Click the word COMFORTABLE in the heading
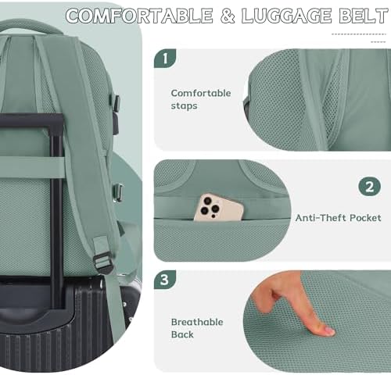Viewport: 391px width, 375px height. click(139, 16)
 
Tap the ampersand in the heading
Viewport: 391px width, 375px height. click(228, 16)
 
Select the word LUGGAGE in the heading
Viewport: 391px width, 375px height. click(286, 16)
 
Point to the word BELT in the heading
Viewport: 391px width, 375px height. click(364, 16)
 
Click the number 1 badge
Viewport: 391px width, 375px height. click(165, 59)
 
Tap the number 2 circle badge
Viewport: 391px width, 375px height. click(370, 187)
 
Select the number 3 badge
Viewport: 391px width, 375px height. click(165, 280)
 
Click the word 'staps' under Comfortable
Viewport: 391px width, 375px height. click(184, 106)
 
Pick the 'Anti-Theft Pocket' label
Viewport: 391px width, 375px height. click(338, 218)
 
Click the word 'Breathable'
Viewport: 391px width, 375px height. click(197, 322)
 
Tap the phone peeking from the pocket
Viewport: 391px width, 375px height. click(219, 207)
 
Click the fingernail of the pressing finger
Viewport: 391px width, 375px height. click(329, 331)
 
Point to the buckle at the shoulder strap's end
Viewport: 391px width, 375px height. click(103, 262)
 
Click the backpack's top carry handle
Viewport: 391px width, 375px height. click(30, 27)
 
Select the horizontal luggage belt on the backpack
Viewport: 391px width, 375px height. click(32, 167)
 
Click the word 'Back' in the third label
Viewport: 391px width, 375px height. click(182, 334)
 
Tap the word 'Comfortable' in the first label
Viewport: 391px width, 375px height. click(201, 93)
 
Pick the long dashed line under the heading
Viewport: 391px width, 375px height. click(358, 34)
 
